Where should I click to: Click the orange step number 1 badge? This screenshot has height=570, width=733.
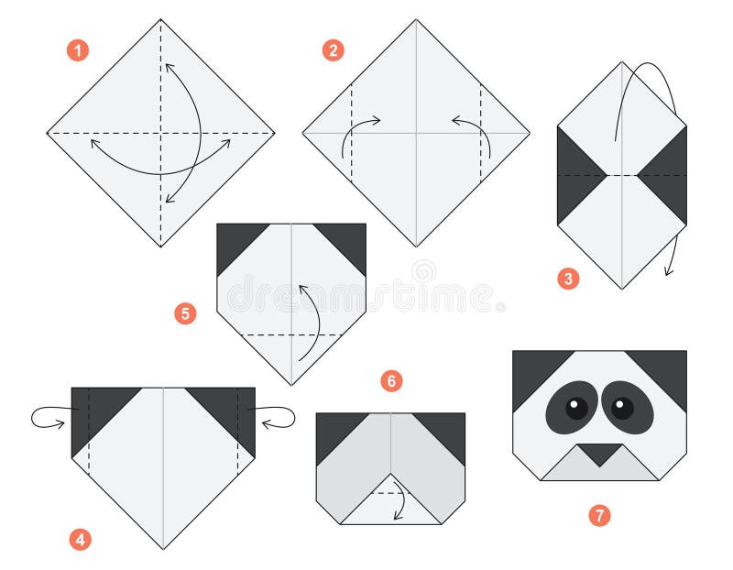tap(78, 50)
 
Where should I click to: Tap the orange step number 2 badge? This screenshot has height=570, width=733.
tap(334, 50)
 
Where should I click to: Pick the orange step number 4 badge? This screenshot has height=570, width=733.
tap(80, 540)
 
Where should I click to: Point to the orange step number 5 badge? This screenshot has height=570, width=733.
tap(186, 313)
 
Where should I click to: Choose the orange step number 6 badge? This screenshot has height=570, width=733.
tap(391, 381)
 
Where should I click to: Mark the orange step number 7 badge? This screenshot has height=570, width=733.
tap(599, 516)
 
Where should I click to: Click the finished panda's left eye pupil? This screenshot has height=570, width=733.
tap(576, 408)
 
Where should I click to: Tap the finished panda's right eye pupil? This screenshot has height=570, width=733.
tap(622, 408)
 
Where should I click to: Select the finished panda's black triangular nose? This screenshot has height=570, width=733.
tap(599, 452)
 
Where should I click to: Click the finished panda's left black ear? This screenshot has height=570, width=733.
tap(535, 370)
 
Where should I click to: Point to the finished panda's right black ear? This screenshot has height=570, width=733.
tap(664, 370)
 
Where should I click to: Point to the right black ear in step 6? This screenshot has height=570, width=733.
tap(446, 431)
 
